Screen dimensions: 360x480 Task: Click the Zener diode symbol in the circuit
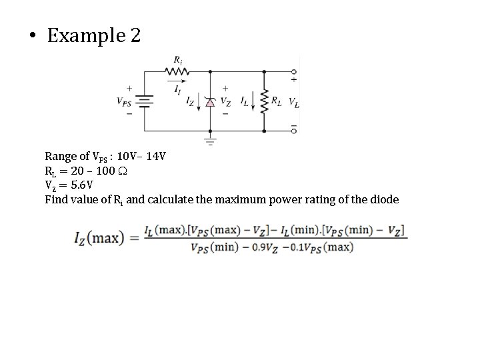click(211, 102)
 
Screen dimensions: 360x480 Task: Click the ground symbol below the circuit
click(211, 141)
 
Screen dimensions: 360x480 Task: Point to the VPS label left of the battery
click(125, 102)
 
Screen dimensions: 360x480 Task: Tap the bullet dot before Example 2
click(33, 36)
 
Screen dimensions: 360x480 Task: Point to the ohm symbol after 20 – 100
click(123, 171)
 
